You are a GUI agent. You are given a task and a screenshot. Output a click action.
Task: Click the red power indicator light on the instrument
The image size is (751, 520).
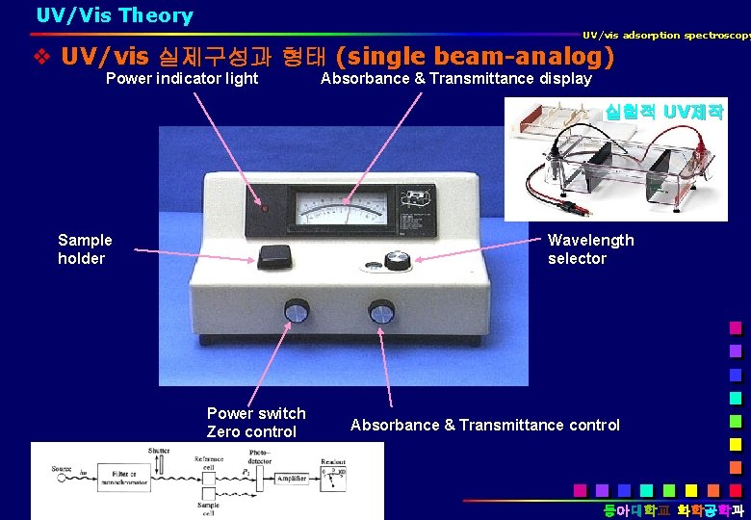[263, 207]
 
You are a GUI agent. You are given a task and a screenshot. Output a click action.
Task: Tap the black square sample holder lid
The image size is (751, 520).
[274, 256]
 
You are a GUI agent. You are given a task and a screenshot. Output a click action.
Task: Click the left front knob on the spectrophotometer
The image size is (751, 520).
[296, 311]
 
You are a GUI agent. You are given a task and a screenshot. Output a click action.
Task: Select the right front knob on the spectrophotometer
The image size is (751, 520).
[381, 311]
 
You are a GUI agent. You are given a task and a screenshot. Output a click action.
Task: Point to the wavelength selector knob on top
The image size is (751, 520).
[397, 259]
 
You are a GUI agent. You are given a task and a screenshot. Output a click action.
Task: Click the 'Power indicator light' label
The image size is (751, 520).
[182, 78]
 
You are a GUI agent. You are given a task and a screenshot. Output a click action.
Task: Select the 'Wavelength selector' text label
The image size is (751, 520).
[590, 249]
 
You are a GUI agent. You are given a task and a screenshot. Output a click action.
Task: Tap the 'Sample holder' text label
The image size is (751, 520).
[85, 249]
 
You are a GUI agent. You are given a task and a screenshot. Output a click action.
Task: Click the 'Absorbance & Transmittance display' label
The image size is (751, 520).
[455, 78]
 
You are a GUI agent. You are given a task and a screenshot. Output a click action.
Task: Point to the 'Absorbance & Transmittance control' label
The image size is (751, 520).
[485, 425]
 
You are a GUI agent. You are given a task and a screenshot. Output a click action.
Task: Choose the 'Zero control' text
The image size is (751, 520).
[250, 432]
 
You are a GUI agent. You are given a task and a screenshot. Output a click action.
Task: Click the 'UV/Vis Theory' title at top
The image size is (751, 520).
[115, 15]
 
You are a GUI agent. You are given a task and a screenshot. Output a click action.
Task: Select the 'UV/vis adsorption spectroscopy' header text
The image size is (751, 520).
[665, 36]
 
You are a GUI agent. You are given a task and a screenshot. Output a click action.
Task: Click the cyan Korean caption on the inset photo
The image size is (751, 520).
[663, 112]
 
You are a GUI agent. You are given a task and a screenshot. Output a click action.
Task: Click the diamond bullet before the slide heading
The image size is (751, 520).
[41, 57]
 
